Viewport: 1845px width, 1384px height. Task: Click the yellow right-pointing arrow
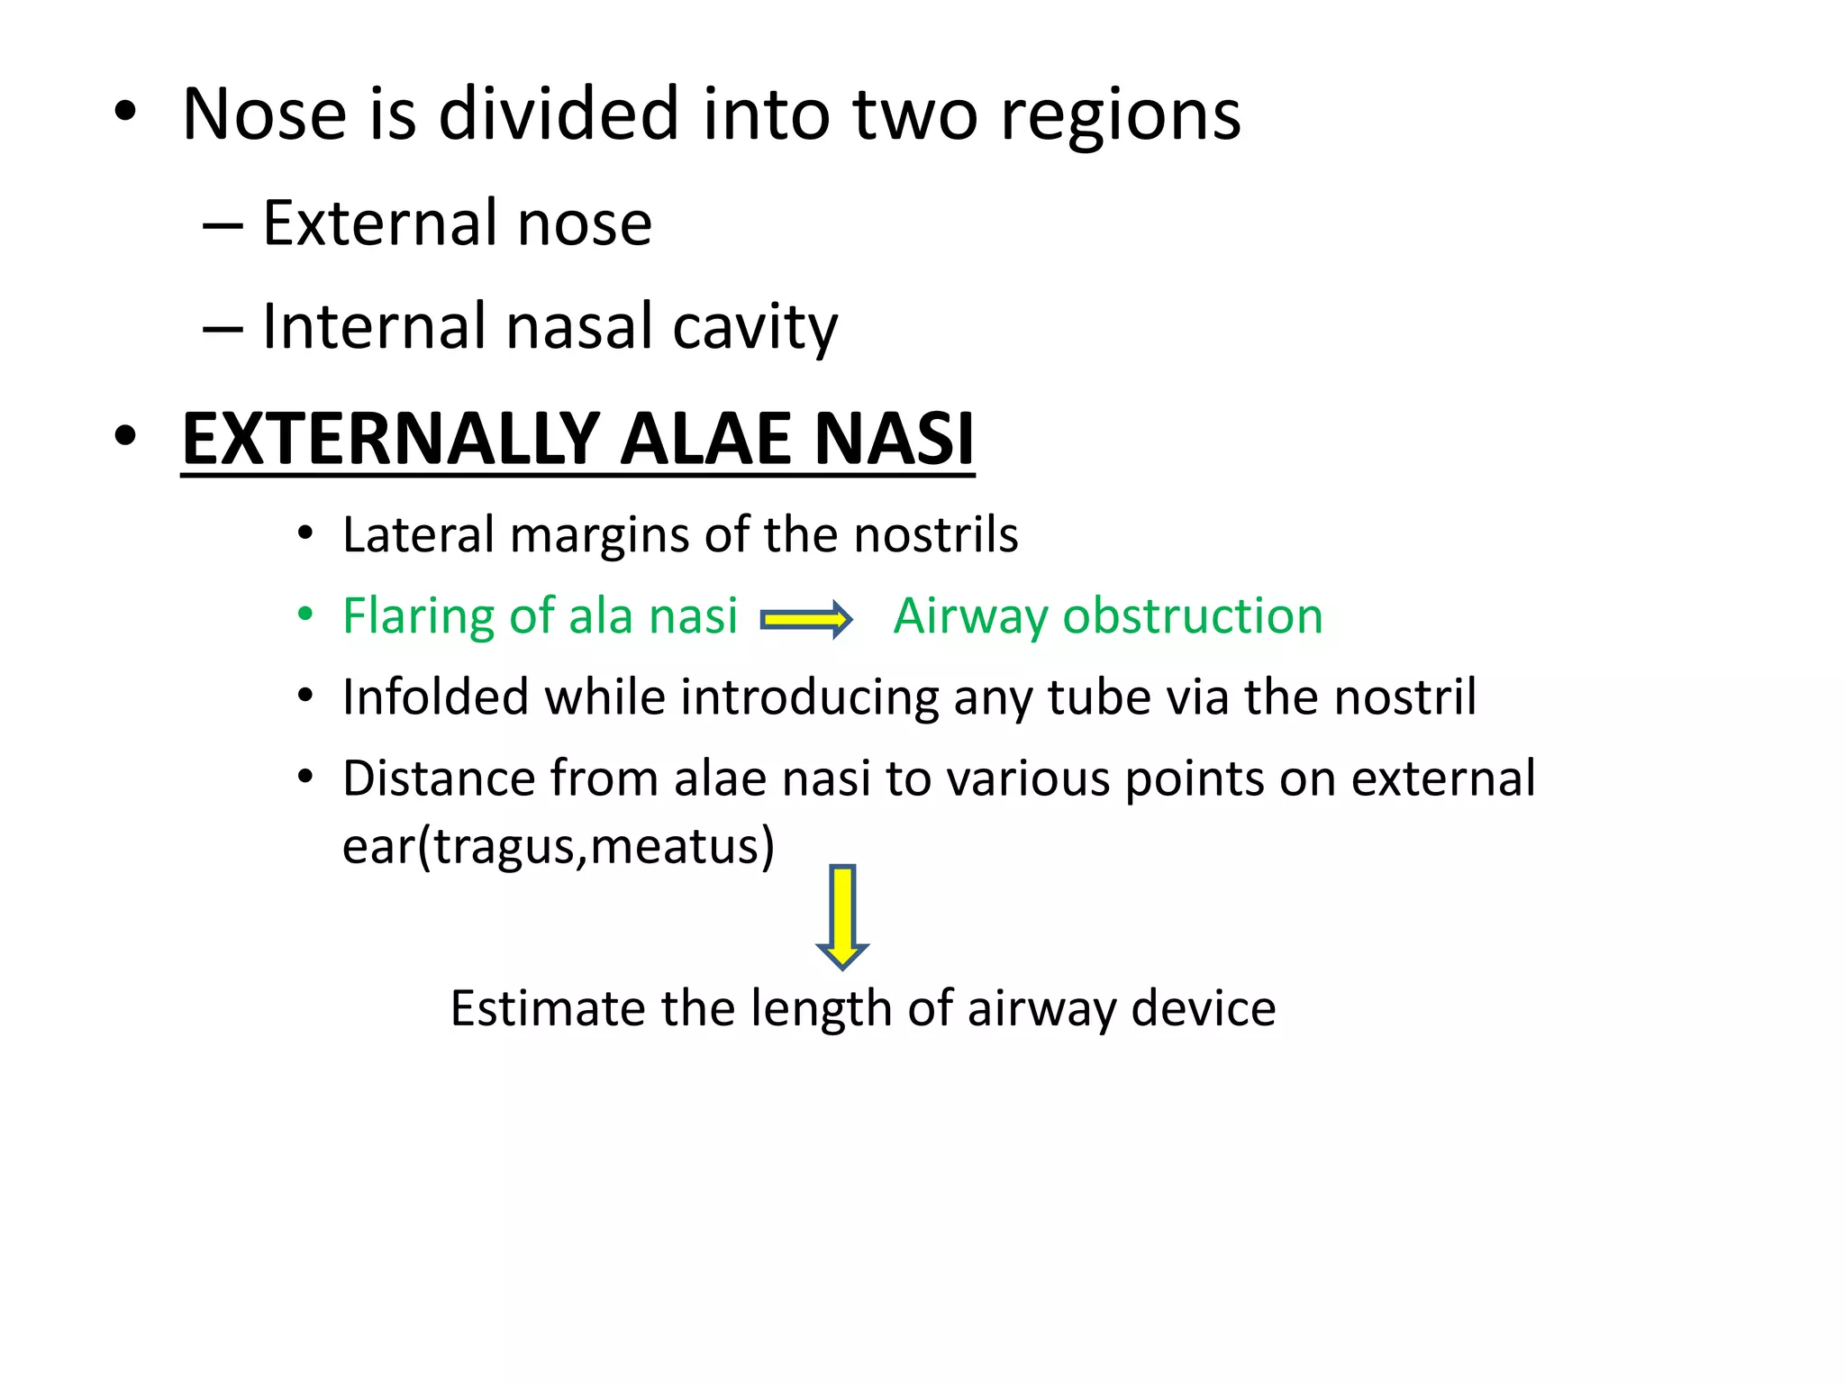(806, 620)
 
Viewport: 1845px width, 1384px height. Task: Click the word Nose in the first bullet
(264, 114)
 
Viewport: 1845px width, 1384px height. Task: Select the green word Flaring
(418, 618)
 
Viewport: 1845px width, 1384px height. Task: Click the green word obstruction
(1193, 616)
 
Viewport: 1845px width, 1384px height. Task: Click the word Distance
(439, 778)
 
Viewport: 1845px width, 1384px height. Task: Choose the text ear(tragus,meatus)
(559, 847)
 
